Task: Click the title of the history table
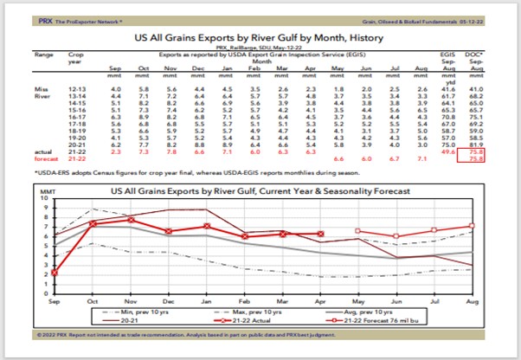tap(260, 40)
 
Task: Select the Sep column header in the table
tap(114, 67)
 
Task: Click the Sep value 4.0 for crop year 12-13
tap(114, 88)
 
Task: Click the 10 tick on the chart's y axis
tap(46, 200)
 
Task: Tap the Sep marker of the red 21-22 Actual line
tap(55, 273)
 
